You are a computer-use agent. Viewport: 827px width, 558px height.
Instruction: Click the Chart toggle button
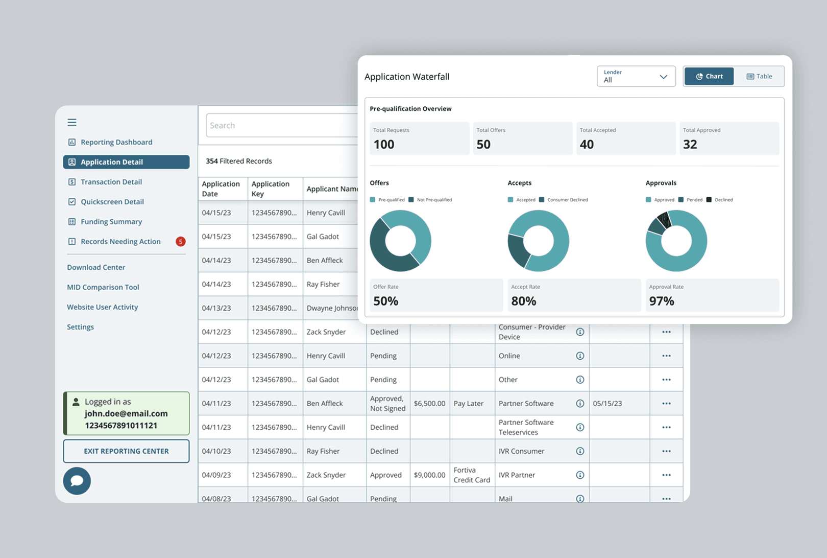(x=709, y=76)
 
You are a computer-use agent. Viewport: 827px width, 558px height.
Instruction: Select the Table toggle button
(x=759, y=76)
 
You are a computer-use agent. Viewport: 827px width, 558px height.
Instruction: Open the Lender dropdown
(x=636, y=76)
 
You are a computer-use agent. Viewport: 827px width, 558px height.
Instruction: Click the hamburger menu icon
(x=72, y=122)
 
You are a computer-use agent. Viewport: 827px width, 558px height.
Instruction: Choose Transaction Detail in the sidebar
(x=111, y=182)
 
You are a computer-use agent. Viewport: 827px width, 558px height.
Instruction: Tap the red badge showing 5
(x=180, y=242)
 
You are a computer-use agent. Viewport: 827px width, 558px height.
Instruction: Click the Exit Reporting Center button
(x=126, y=451)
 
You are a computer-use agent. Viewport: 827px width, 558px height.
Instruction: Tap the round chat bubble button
(x=77, y=481)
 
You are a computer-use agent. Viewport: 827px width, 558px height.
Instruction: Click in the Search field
(x=281, y=125)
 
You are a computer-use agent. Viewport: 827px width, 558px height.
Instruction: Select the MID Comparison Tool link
(x=103, y=287)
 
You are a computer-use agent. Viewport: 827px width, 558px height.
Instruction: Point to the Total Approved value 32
(x=690, y=145)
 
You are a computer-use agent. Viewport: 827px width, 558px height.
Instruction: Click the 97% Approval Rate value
(x=662, y=301)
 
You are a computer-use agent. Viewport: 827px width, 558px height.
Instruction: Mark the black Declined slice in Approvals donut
(x=664, y=220)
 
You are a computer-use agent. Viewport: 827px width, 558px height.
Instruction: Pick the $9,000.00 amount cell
(x=429, y=475)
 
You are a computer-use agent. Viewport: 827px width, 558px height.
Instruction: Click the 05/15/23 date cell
(x=607, y=403)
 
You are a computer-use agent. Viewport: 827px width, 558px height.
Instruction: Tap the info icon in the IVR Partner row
(x=580, y=475)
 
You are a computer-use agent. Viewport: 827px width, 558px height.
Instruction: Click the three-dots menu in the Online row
(x=666, y=356)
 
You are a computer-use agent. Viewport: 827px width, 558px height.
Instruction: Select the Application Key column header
(x=271, y=189)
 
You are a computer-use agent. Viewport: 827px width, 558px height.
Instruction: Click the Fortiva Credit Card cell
(x=471, y=475)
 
